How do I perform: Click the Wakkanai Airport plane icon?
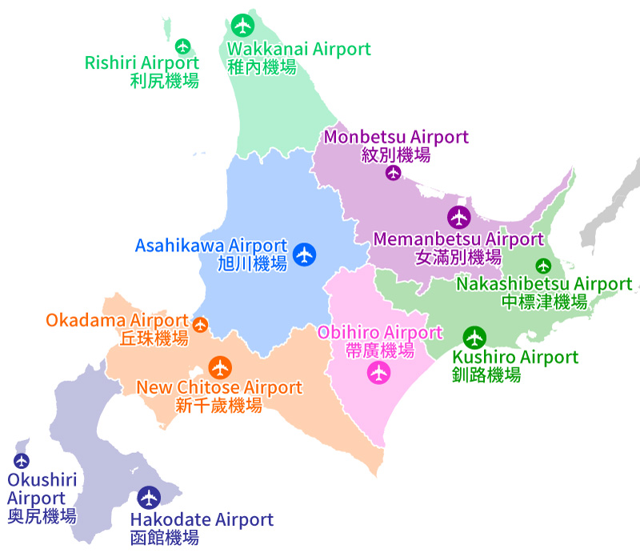242,25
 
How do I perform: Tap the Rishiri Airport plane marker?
183,46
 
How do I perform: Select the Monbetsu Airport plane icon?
393,172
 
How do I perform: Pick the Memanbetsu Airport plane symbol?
458,217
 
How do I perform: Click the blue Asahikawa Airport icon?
304,254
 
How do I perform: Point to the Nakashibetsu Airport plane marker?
543,265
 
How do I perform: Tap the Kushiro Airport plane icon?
475,337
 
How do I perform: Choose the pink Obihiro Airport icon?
378,372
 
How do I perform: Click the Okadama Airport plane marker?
200,324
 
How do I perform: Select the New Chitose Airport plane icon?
220,367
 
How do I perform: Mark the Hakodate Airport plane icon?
149,498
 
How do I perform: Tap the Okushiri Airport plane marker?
22,460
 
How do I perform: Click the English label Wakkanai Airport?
299,49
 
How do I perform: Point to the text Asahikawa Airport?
210,246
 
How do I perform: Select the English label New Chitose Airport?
219,388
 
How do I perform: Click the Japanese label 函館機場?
164,538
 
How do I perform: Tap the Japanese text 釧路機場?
486,375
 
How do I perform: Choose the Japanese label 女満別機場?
458,257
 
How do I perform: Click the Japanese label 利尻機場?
164,80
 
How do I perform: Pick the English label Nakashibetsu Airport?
544,284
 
